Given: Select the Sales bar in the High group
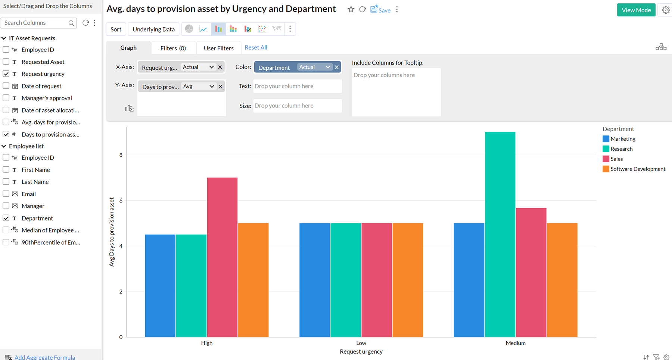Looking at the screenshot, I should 222,257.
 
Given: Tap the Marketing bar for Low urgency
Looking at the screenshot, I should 314,280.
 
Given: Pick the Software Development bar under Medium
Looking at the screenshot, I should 562,280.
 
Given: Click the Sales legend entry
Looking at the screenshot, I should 616,159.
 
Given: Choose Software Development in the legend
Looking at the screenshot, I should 637,169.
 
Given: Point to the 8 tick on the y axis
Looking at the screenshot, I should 121,155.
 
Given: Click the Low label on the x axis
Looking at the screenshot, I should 361,343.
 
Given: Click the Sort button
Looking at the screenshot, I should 116,29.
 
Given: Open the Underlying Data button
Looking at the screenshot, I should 153,29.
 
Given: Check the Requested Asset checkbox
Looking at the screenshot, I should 6,62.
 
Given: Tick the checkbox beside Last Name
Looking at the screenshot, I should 6,182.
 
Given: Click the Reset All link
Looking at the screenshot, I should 256,47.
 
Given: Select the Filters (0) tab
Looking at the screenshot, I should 173,48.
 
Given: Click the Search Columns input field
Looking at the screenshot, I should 35,23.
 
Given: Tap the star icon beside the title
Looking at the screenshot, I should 351,9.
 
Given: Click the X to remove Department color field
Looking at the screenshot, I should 336,67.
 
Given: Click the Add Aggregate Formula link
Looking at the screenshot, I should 44,357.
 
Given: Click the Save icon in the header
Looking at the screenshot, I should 380,10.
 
